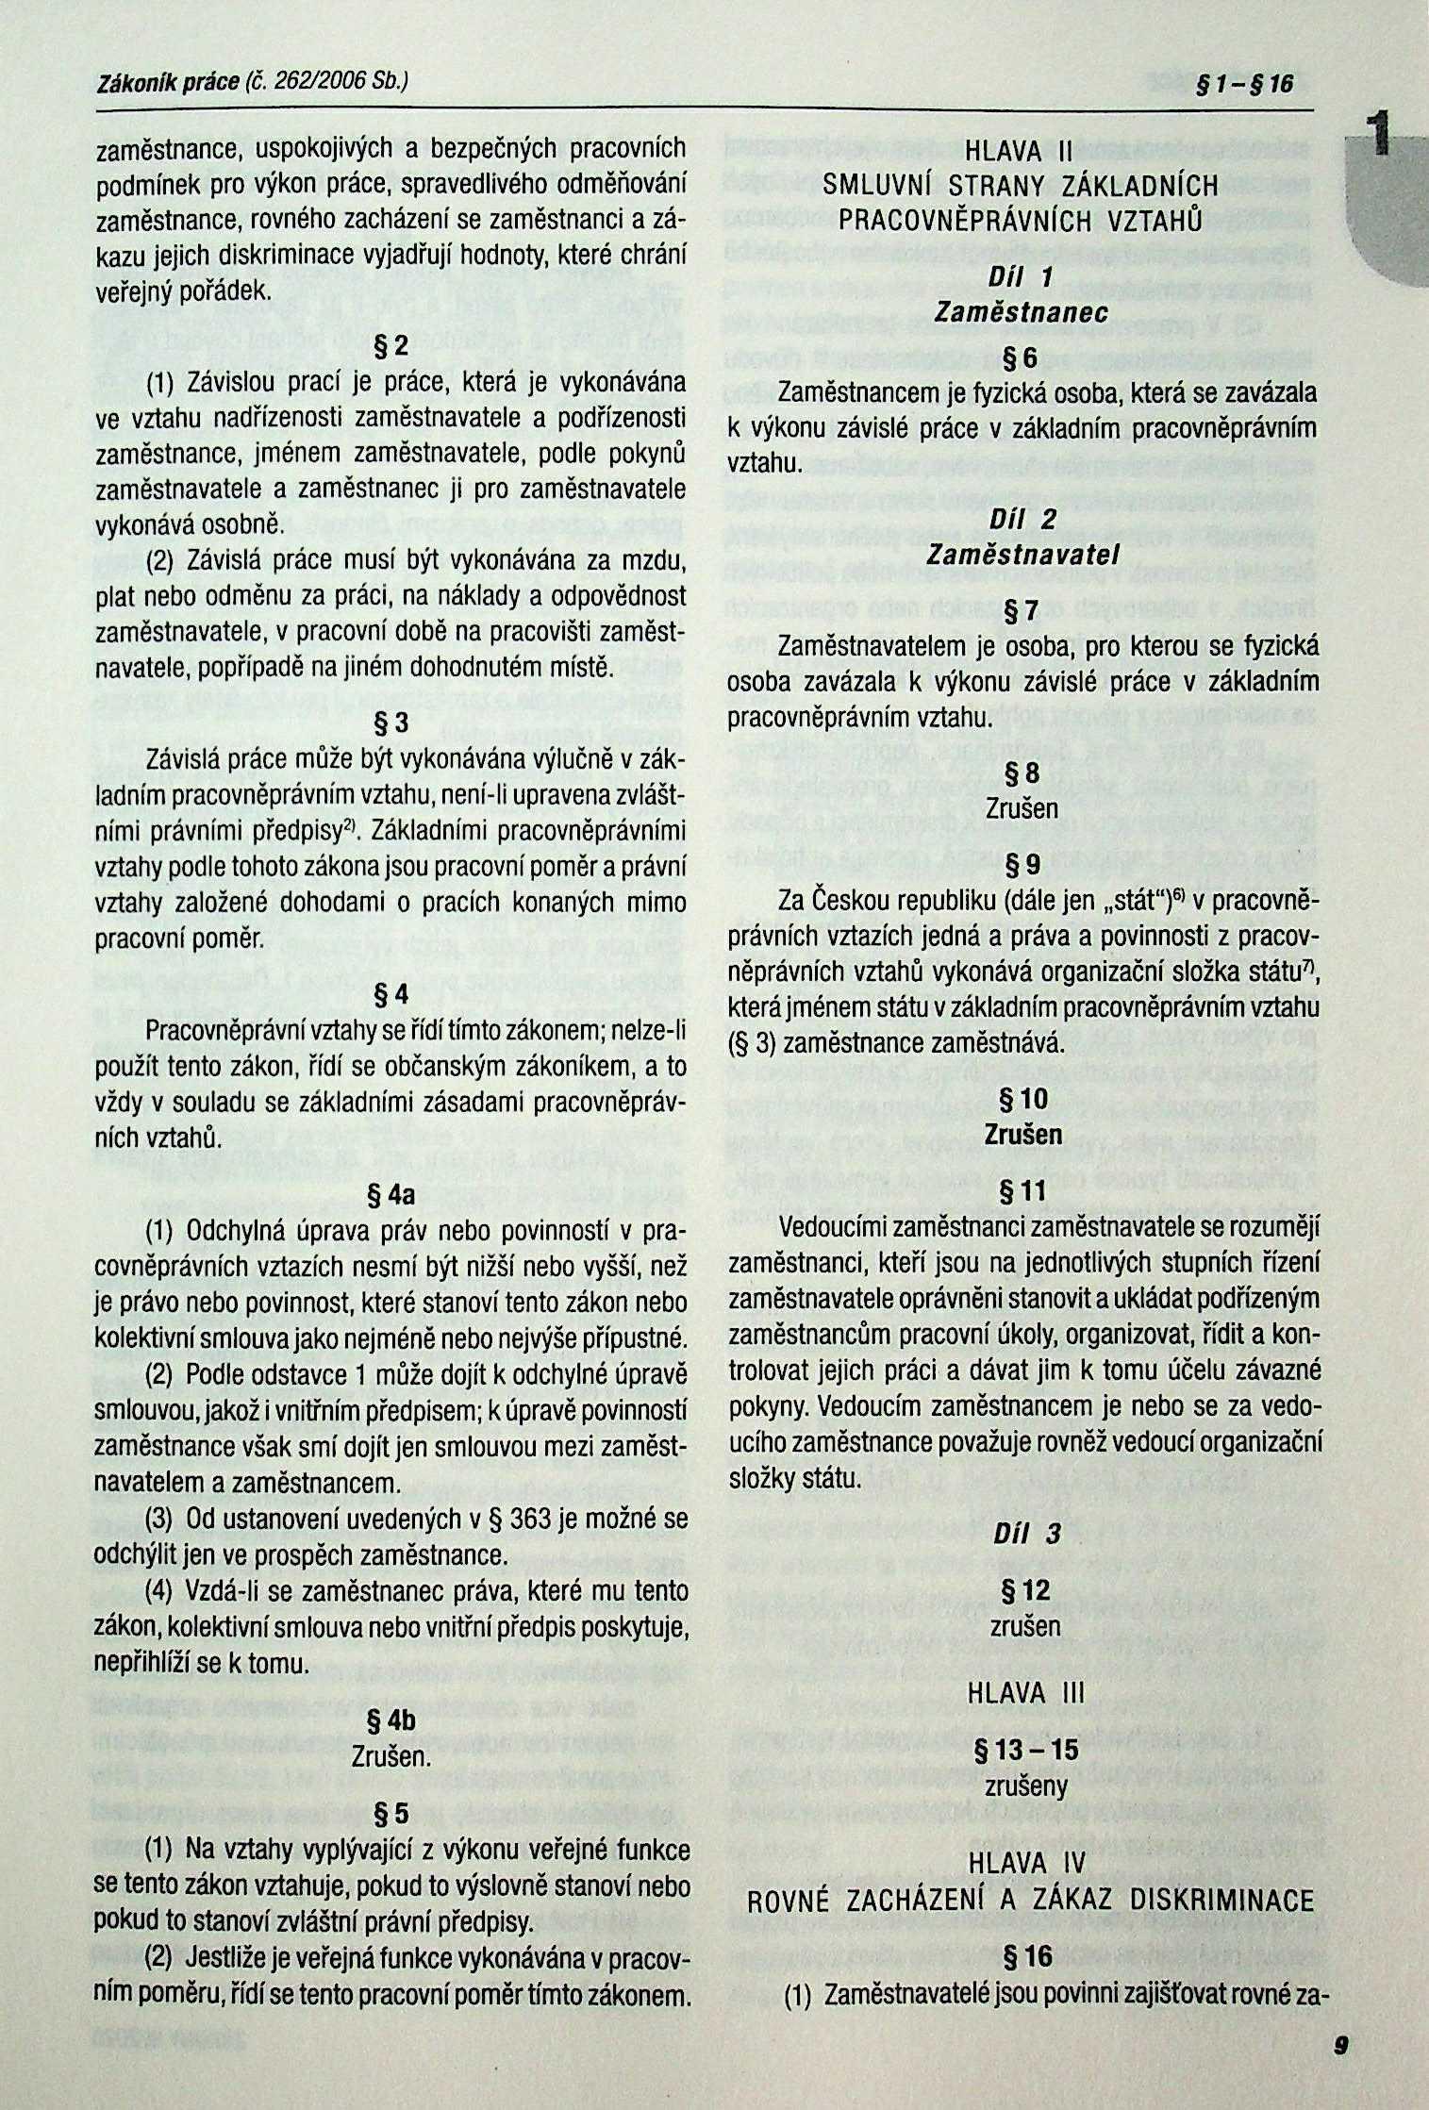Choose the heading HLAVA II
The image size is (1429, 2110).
[x=1022, y=152]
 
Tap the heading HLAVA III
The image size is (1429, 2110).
[x=1022, y=1693]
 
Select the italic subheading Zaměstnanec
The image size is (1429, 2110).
[x=1021, y=313]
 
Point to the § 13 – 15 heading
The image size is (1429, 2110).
[x=1025, y=1750]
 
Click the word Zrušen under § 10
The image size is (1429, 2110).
[x=1022, y=1134]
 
